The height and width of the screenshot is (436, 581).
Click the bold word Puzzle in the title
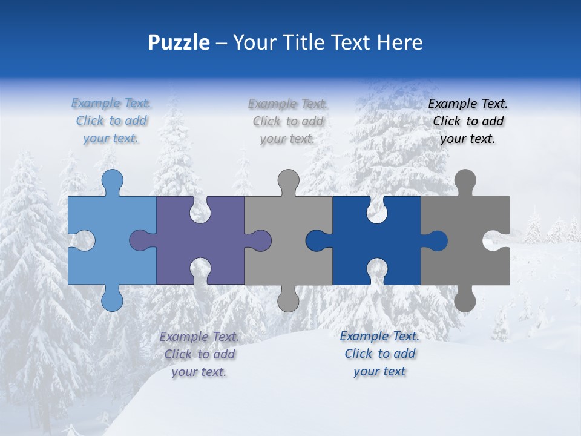(x=179, y=42)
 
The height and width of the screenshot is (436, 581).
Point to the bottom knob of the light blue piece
(x=112, y=300)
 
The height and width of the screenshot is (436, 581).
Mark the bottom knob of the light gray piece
(x=288, y=300)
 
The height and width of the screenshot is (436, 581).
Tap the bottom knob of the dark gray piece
(x=465, y=300)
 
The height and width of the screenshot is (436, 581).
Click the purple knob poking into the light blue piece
(x=140, y=240)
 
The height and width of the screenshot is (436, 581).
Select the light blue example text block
(x=111, y=121)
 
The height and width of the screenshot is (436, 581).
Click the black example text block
(x=468, y=121)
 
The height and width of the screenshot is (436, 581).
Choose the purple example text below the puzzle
(x=199, y=354)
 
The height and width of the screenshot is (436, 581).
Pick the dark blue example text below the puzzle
(x=379, y=354)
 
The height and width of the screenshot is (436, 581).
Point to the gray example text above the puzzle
(x=287, y=121)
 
